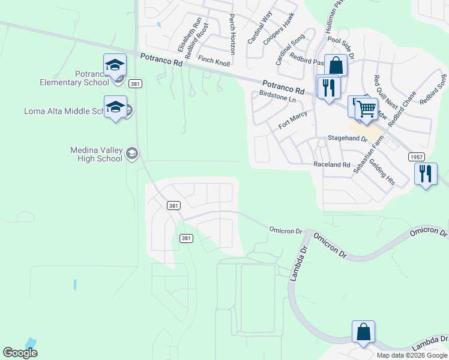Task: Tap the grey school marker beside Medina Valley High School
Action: click(132, 154)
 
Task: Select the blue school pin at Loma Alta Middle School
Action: click(115, 108)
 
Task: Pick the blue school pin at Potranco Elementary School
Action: click(115, 66)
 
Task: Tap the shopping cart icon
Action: click(366, 109)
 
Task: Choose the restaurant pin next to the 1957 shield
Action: click(426, 174)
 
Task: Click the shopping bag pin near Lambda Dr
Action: click(363, 332)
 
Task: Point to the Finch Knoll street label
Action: click(214, 60)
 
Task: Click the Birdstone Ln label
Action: click(277, 97)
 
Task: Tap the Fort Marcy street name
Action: click(293, 119)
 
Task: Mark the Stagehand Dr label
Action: click(346, 138)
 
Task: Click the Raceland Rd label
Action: click(331, 164)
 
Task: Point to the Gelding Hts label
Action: click(381, 171)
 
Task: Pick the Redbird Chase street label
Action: click(402, 110)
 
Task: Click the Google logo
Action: click(20, 352)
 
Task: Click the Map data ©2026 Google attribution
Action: click(411, 355)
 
